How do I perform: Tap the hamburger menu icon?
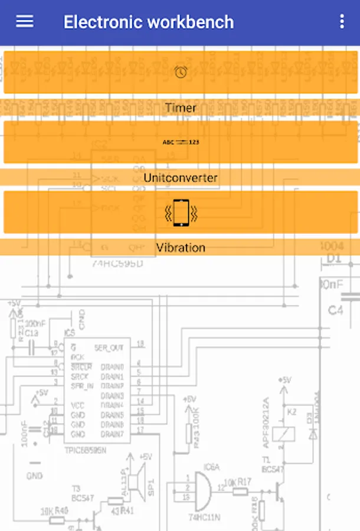tap(25, 22)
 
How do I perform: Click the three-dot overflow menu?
tap(342, 22)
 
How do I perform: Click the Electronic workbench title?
tap(149, 22)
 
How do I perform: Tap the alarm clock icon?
tap(181, 72)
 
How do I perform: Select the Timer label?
tap(181, 108)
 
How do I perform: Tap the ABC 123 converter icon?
tap(181, 142)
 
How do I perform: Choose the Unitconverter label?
tap(181, 178)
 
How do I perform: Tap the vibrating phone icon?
tap(181, 212)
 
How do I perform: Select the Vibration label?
tap(181, 248)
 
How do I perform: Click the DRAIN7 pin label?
tap(112, 435)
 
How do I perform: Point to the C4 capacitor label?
tap(335, 310)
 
